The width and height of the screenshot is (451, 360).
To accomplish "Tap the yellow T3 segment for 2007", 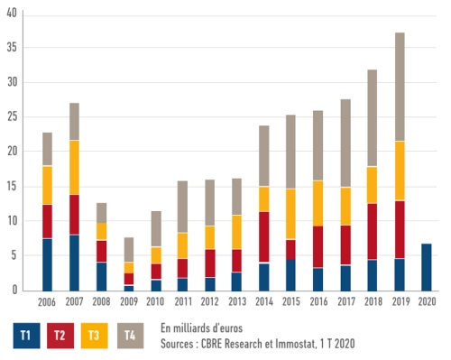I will (x=75, y=167).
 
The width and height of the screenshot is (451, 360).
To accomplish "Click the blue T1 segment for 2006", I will (x=48, y=264).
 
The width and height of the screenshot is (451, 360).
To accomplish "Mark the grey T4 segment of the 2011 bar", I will (x=184, y=207).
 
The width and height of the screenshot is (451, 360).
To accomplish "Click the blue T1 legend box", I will (x=26, y=334).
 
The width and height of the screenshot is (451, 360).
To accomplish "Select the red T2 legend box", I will (x=62, y=334).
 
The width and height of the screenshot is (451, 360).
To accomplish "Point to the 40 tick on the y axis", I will (x=13, y=14).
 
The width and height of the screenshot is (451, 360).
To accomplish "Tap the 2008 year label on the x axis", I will (x=102, y=301).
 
